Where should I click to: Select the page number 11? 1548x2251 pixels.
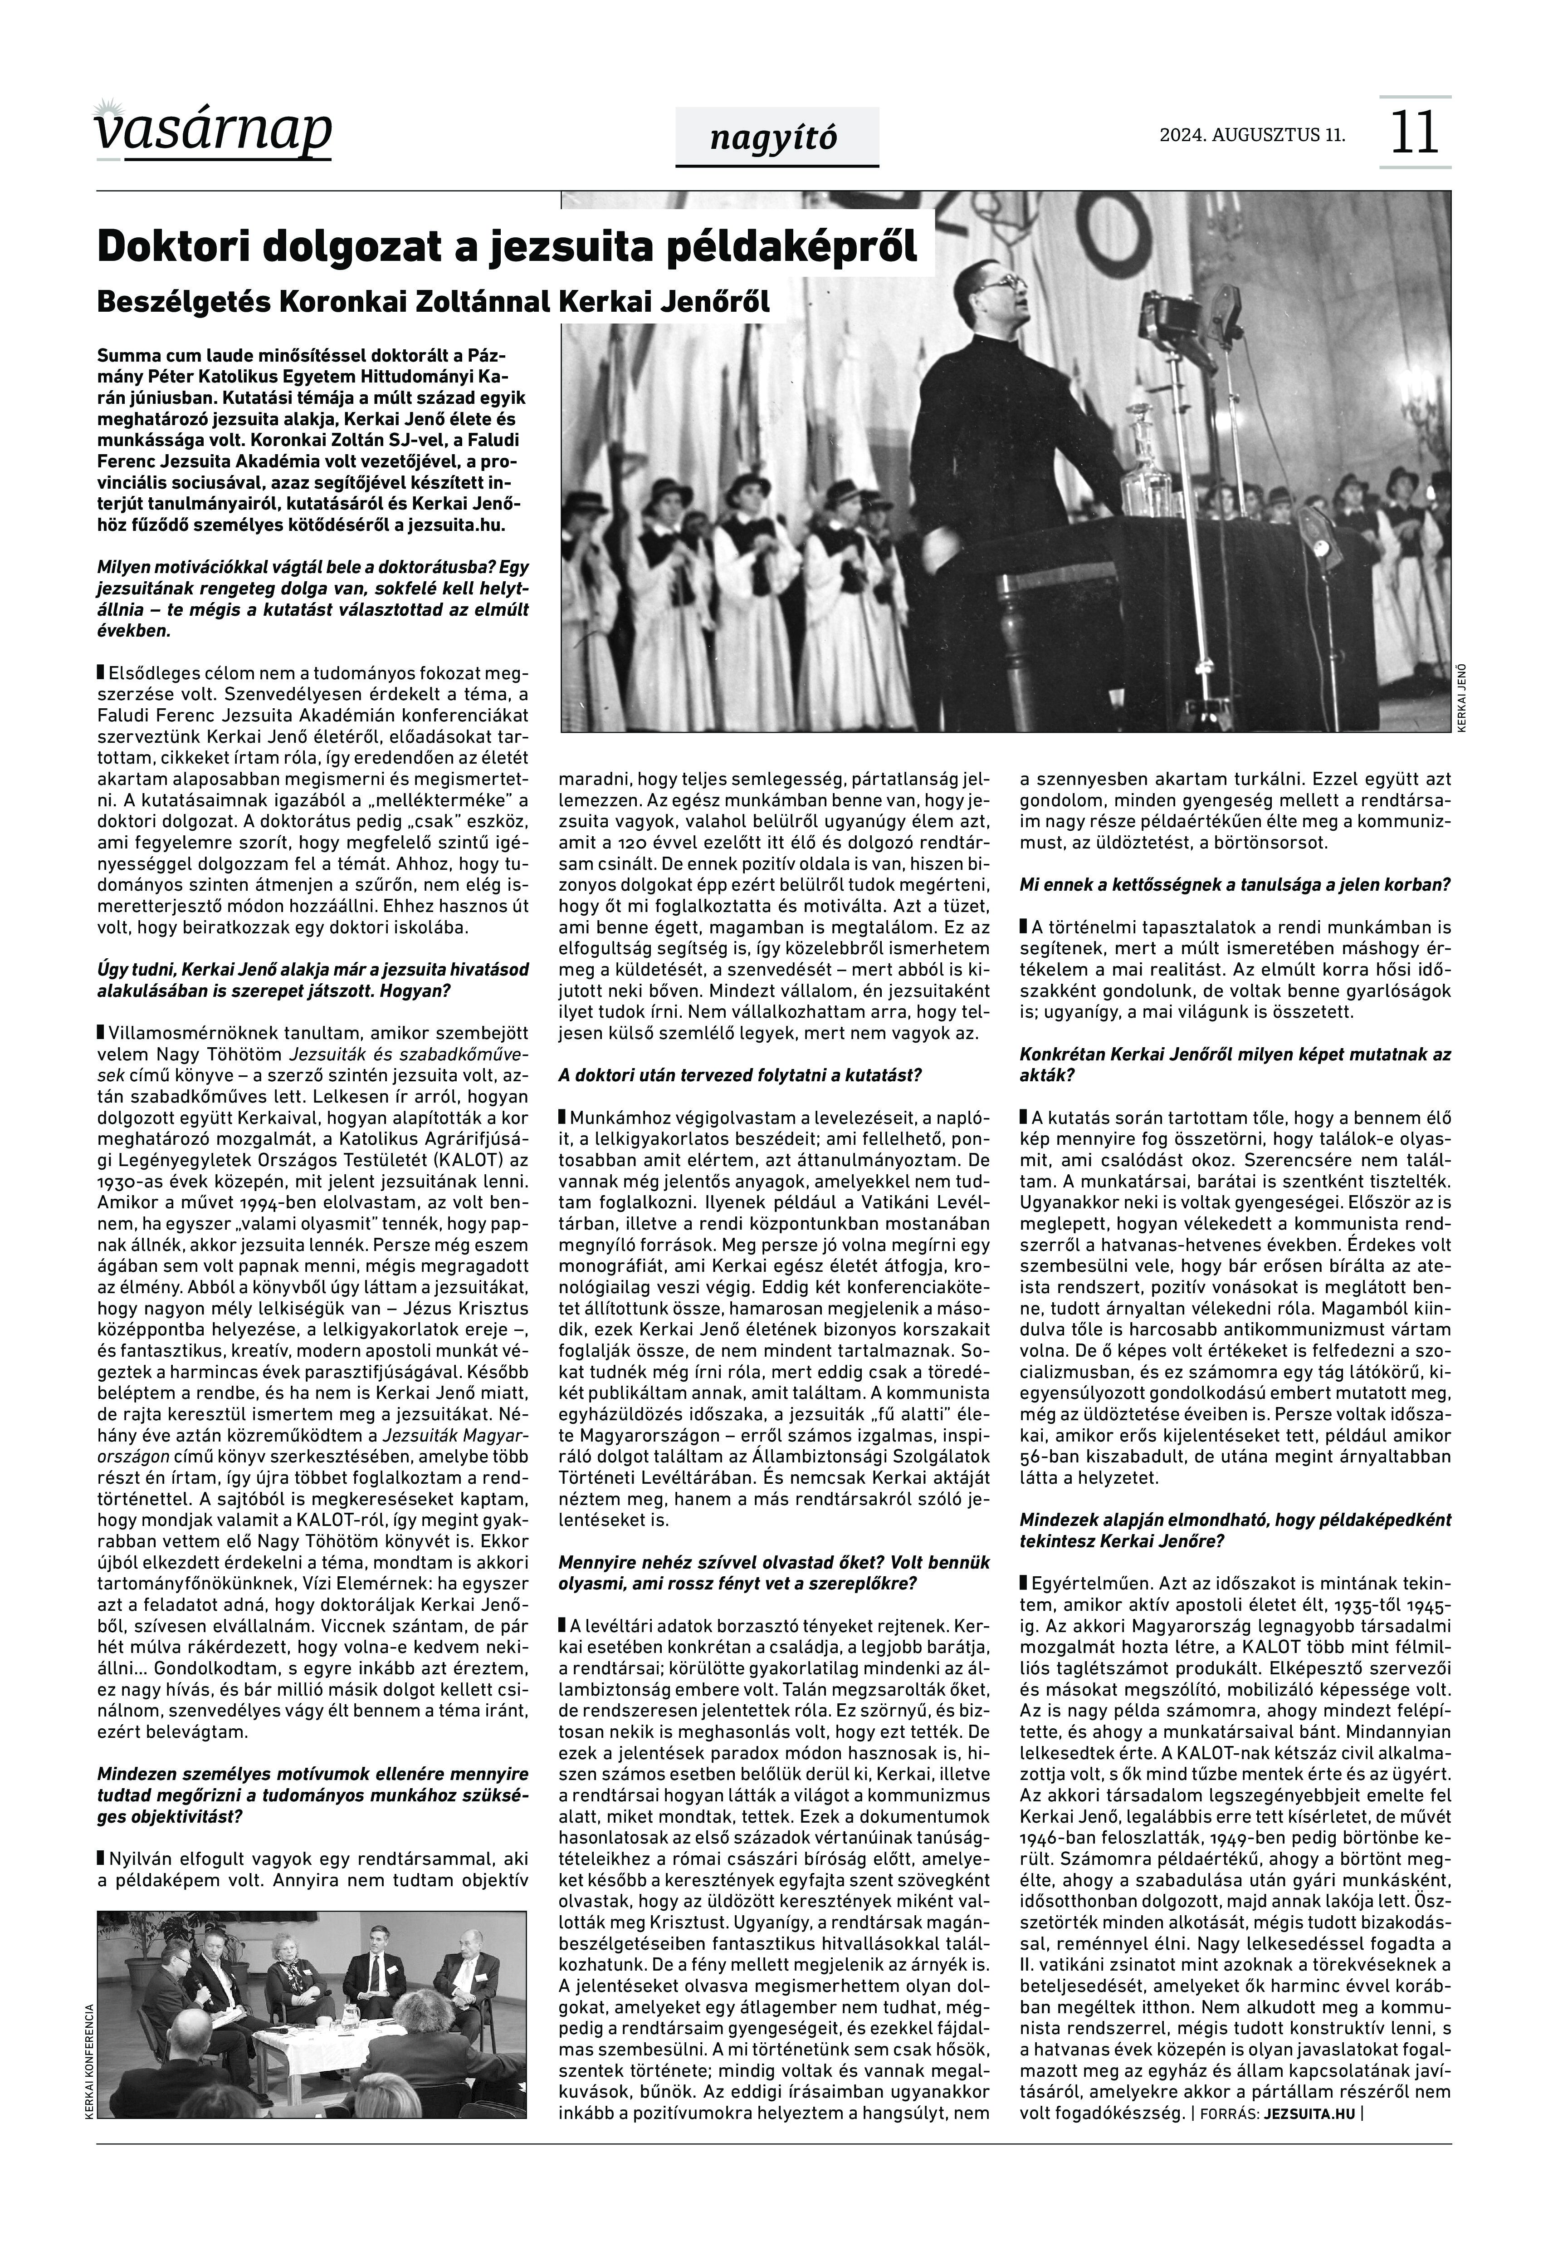(1414, 133)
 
